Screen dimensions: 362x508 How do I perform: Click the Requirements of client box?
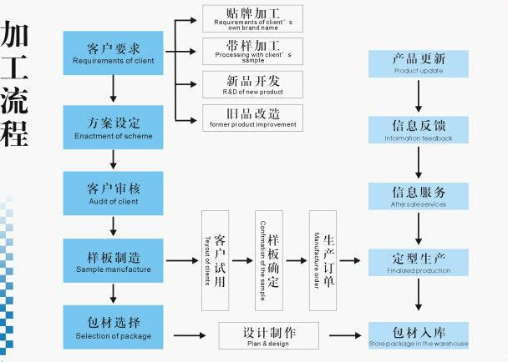[x=113, y=52]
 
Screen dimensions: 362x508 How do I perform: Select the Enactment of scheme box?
[x=113, y=127]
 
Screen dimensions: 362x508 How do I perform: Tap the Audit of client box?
[x=113, y=193]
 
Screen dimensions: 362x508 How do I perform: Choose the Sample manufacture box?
[x=113, y=261]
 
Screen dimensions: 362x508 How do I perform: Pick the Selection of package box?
[x=113, y=327]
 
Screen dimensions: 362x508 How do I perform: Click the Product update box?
[x=419, y=64]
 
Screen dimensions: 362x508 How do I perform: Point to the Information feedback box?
[x=419, y=130]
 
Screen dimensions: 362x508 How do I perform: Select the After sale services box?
[x=419, y=196]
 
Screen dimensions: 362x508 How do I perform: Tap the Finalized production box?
[x=419, y=262]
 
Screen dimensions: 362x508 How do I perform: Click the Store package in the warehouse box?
[x=419, y=335]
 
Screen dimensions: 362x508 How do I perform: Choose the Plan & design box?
[x=269, y=335]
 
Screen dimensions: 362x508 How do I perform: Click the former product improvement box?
[x=252, y=117]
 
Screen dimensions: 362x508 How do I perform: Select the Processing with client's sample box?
[x=252, y=50]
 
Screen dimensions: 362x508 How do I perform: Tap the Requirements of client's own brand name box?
[x=252, y=18]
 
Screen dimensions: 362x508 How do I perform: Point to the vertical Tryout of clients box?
[x=215, y=260]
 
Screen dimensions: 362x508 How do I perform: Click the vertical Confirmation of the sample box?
[x=269, y=260]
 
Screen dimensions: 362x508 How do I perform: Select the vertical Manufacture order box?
[x=323, y=260]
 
